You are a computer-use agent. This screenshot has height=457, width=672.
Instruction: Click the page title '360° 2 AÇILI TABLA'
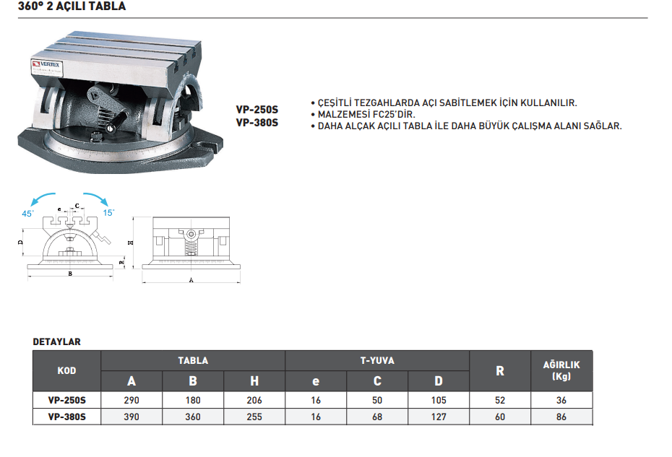pos(72,6)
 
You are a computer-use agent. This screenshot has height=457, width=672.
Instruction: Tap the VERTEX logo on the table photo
pos(46,64)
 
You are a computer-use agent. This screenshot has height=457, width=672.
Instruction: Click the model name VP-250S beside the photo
pos(257,110)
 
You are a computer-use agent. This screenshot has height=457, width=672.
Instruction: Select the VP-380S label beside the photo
pos(257,123)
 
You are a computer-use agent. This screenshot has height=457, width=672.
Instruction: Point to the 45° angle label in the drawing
pos(28,213)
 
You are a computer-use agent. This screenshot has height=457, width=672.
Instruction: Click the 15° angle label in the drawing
pos(108,212)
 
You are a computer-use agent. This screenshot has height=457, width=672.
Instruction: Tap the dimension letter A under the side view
pos(191,280)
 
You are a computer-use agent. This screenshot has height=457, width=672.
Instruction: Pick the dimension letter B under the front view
pos(70,274)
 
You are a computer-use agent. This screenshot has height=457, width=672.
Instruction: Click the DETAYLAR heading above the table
pos(57,341)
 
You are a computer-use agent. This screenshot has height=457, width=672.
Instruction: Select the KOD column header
pos(67,371)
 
